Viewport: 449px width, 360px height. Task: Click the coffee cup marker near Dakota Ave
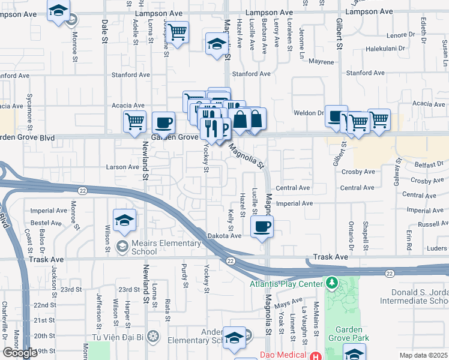click(262, 227)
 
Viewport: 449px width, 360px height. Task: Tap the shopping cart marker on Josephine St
click(178, 32)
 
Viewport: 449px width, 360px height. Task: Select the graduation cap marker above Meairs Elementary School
click(125, 220)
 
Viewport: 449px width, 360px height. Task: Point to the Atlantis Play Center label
click(285, 284)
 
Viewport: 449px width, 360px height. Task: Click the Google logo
click(20, 353)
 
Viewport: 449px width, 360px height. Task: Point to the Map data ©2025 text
click(424, 355)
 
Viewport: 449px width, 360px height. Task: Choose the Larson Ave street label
click(122, 167)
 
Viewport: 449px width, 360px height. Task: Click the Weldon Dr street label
click(309, 112)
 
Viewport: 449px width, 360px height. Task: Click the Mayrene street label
click(321, 62)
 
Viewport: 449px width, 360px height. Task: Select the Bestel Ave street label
click(46, 223)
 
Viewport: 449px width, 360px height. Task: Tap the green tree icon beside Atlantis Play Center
click(331, 282)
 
